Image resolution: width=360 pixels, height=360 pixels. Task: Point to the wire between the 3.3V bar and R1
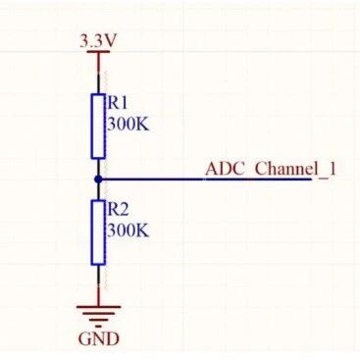pos(98,73)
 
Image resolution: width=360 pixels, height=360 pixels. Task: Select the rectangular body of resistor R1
pos(98,126)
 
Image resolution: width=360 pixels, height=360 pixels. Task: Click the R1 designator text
pos(118,102)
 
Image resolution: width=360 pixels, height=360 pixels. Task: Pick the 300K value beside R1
pos(128,124)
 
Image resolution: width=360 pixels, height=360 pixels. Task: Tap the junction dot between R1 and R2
pos(98,180)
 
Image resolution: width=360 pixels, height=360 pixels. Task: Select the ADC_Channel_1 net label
pos(271,169)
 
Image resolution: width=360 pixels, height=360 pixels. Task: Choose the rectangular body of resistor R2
pos(98,232)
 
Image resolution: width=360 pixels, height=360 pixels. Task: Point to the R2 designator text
pos(118,209)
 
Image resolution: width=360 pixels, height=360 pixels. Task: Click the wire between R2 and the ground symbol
pos(98,284)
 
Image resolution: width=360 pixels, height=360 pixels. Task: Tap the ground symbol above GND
pos(98,313)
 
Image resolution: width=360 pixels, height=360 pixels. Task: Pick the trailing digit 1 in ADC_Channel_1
pos(333,168)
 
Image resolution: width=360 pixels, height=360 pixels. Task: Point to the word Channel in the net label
pos(284,168)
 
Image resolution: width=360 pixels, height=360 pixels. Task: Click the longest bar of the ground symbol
pos(98,306)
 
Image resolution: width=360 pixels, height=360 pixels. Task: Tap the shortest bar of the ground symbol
pos(98,321)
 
